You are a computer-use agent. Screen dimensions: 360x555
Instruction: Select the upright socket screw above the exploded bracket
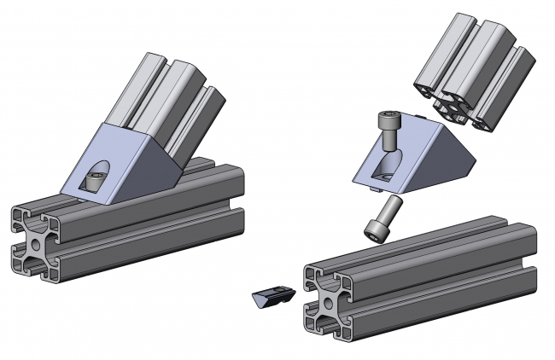click(x=388, y=136)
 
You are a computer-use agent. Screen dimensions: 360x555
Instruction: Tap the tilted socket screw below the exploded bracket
click(x=381, y=218)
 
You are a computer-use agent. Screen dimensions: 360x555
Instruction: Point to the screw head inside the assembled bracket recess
click(x=95, y=180)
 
